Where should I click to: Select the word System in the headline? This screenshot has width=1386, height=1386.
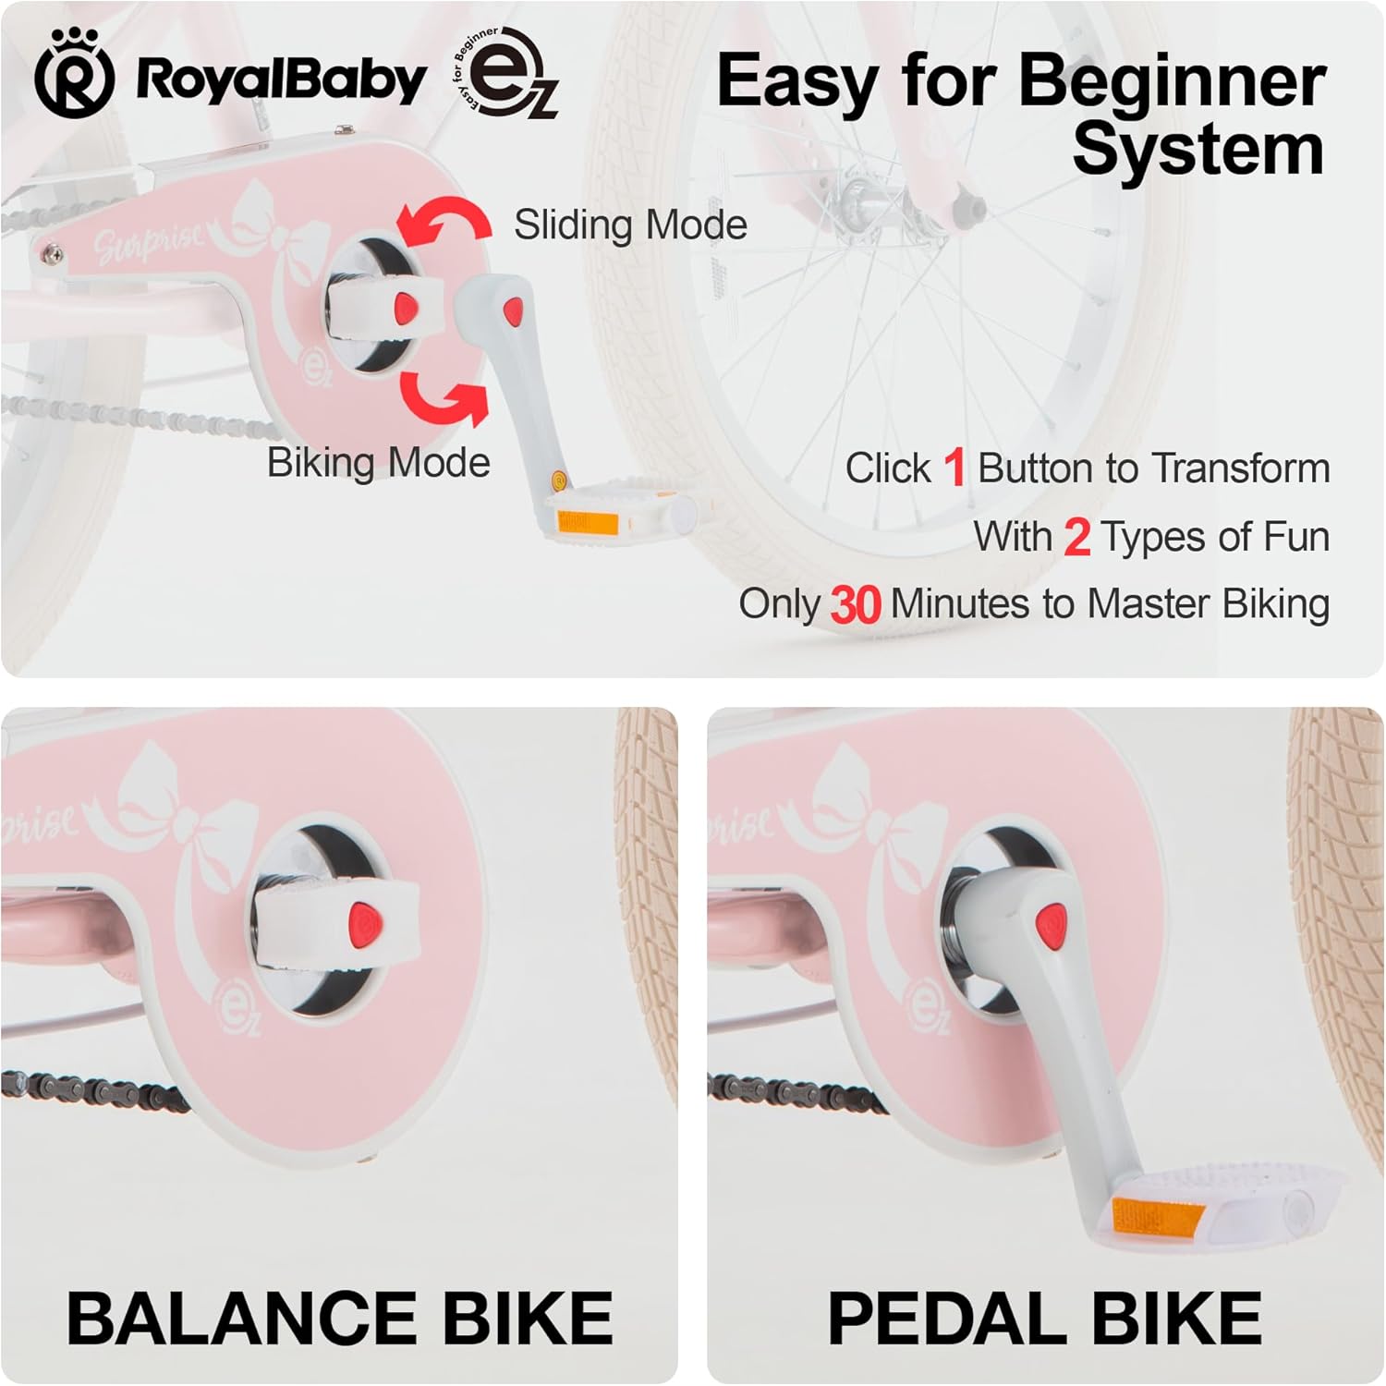(1198, 150)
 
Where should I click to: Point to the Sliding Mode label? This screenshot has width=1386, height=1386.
(630, 225)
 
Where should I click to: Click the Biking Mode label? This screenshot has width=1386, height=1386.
(378, 462)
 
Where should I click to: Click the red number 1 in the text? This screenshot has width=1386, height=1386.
(954, 468)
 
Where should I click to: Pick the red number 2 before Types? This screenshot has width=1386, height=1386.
(1076, 537)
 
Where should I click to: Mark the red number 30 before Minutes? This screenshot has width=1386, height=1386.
(855, 605)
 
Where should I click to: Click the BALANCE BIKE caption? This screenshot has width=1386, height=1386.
(339, 1317)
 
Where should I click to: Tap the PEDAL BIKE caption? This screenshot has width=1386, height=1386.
(1044, 1317)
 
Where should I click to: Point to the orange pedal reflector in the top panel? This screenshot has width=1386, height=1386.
(574, 523)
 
